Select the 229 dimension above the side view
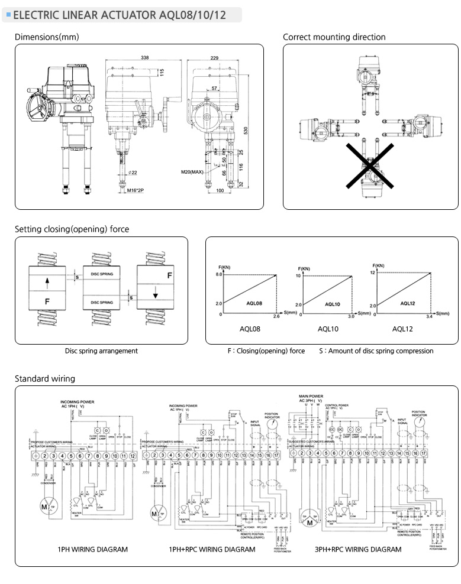point(214,57)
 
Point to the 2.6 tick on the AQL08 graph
point(276,317)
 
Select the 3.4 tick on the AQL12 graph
point(428,316)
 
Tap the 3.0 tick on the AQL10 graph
point(350,317)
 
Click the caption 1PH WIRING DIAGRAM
point(92,549)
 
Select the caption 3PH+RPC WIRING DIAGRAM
point(358,549)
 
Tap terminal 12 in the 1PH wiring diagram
point(132,456)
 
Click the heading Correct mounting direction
point(334,37)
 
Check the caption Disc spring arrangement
point(101,351)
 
